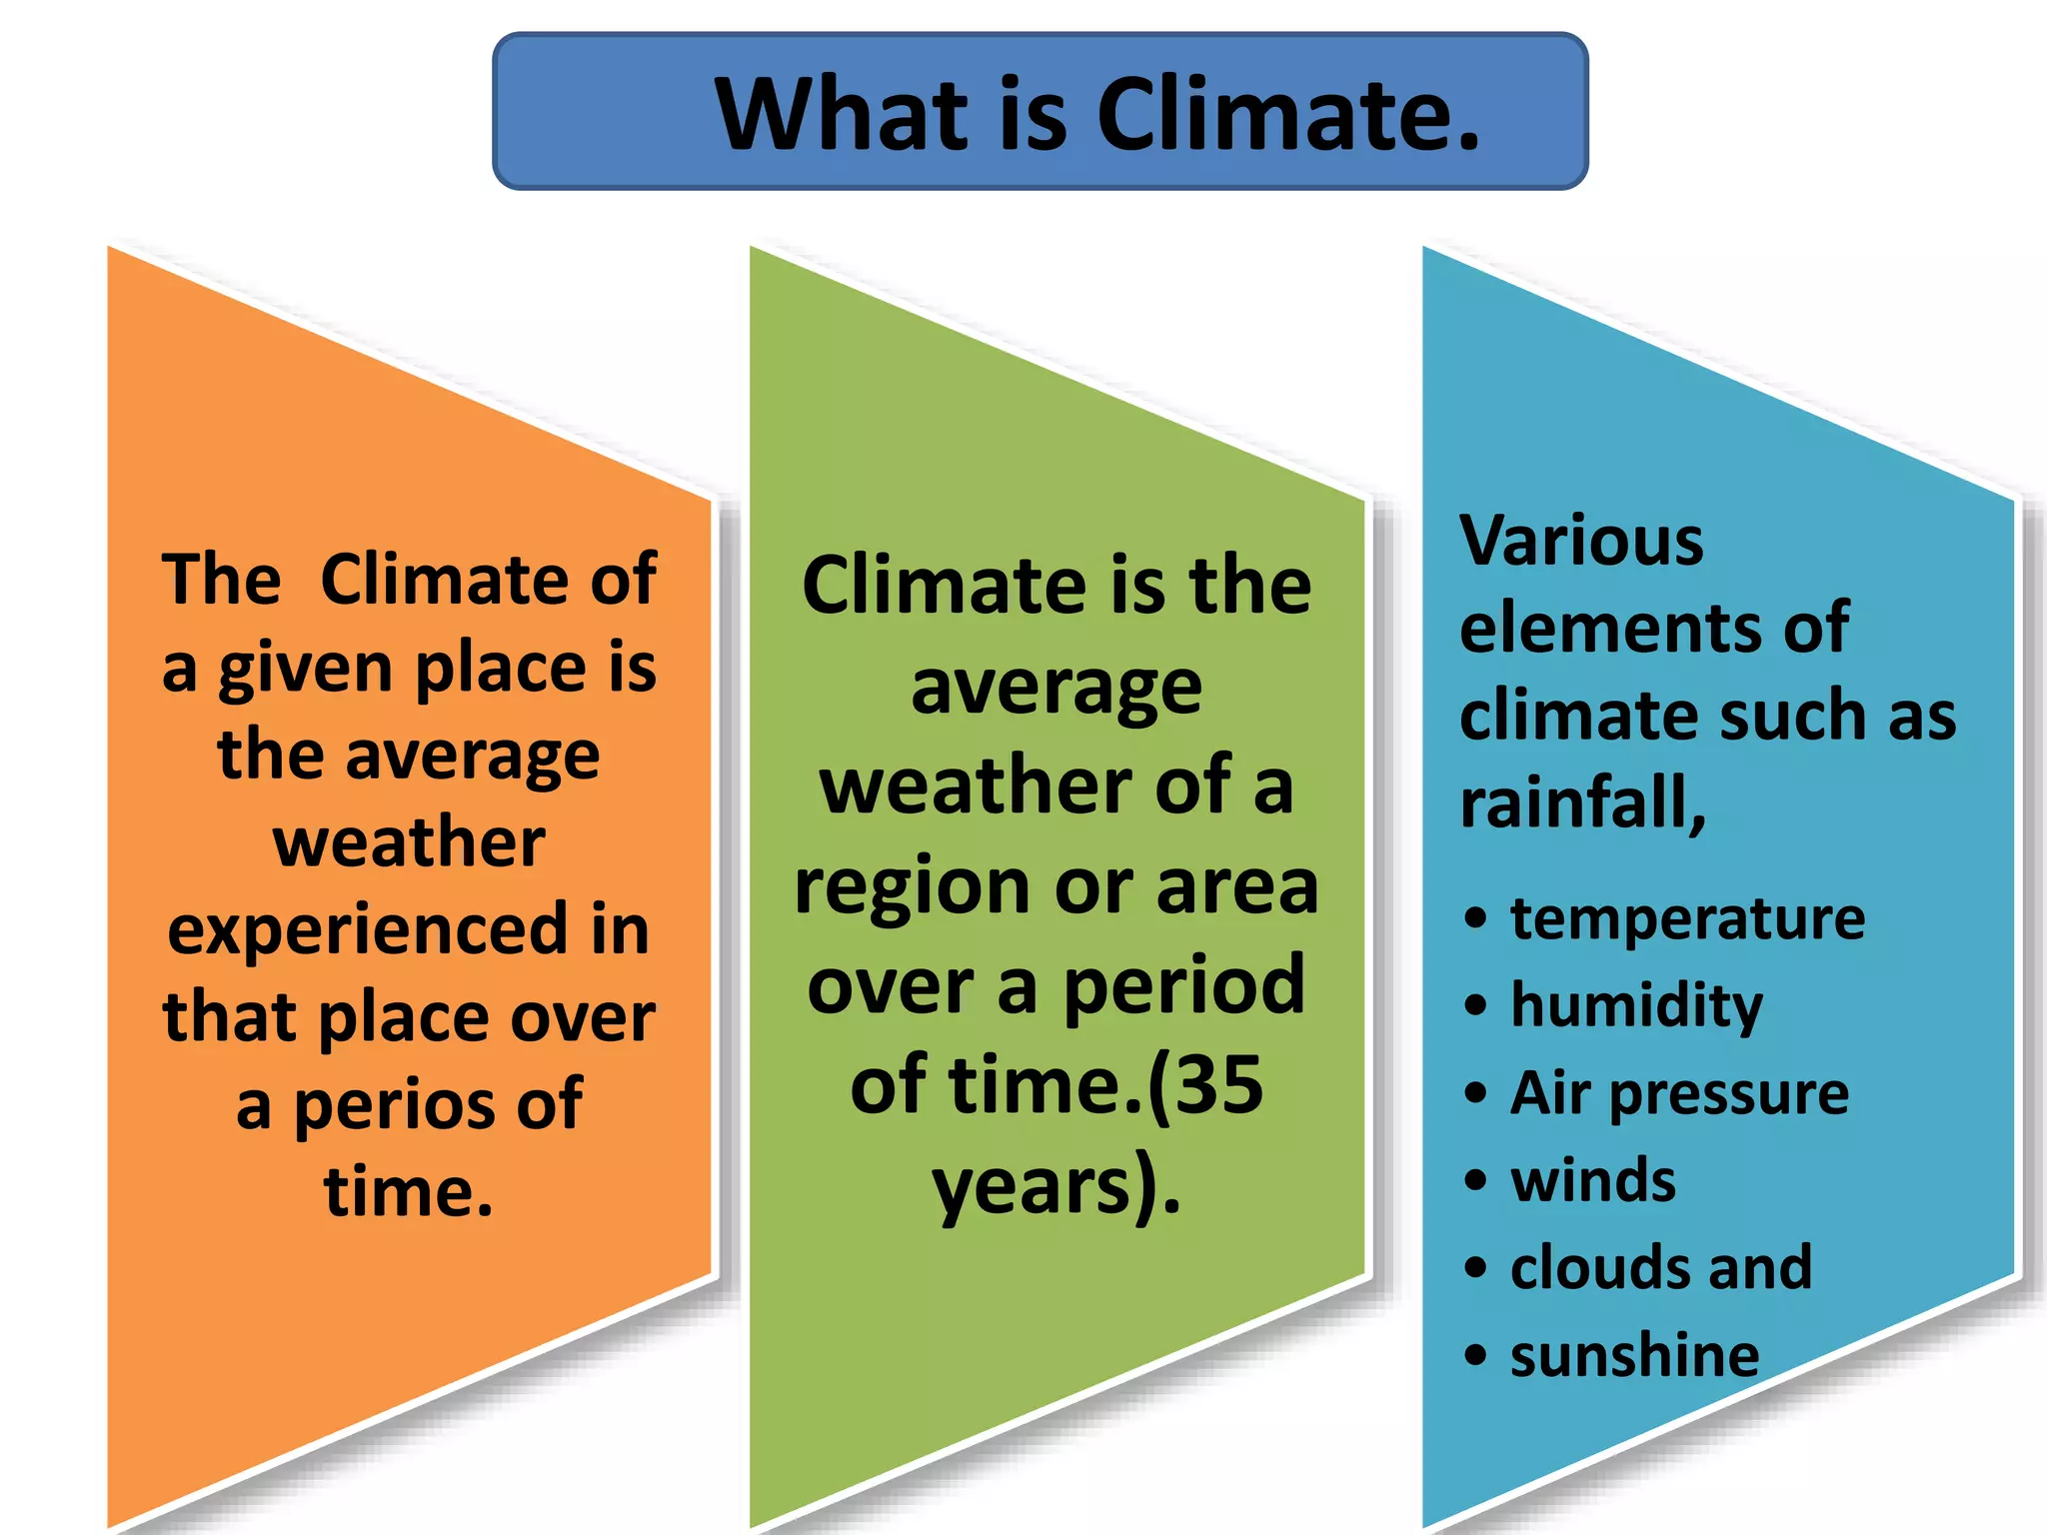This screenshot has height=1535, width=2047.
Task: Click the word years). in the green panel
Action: pyautogui.click(x=1055, y=1186)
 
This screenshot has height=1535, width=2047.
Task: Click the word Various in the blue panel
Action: pyautogui.click(x=1581, y=541)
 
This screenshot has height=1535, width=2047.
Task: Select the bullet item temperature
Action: pyautogui.click(x=1687, y=918)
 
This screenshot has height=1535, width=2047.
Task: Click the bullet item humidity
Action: pyautogui.click(x=1636, y=1005)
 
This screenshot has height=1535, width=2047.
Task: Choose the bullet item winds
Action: pyautogui.click(x=1593, y=1180)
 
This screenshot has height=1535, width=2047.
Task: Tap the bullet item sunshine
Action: pyautogui.click(x=1634, y=1355)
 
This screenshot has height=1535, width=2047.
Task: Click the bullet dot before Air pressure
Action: pyautogui.click(x=1475, y=1092)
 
